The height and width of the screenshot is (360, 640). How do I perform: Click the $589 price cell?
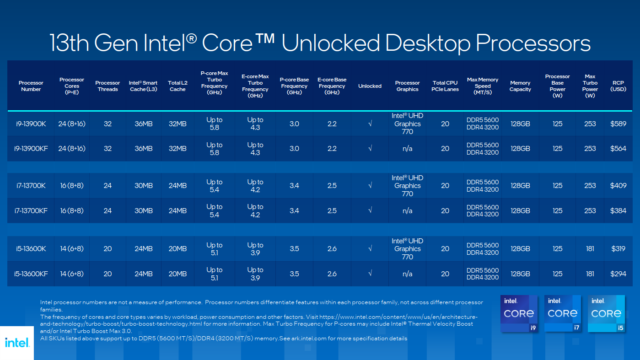click(x=618, y=124)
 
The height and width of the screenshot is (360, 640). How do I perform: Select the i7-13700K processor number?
click(x=31, y=186)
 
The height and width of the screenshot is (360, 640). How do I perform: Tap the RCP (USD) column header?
click(x=618, y=86)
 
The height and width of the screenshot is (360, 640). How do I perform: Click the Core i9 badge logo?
click(x=519, y=314)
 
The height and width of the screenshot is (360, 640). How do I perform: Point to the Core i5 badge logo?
click(x=606, y=314)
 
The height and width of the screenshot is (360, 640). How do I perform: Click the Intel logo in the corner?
click(x=17, y=343)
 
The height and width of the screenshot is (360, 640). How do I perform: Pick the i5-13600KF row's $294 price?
click(x=618, y=274)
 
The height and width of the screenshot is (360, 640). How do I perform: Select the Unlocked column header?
click(x=370, y=86)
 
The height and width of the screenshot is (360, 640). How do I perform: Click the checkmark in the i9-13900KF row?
click(x=370, y=148)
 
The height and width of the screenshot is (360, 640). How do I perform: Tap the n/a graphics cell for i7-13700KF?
click(x=407, y=211)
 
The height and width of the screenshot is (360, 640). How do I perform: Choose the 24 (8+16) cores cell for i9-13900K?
click(x=72, y=124)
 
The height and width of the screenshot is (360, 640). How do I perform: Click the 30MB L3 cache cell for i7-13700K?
click(x=143, y=186)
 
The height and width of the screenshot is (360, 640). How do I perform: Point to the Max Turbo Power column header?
click(x=590, y=86)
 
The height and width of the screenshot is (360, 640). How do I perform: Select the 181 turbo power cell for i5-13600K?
click(x=590, y=249)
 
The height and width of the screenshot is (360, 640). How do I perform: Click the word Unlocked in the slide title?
click(x=330, y=43)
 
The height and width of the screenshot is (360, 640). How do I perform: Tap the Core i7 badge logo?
click(x=562, y=314)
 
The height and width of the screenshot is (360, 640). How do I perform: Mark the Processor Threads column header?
click(x=108, y=86)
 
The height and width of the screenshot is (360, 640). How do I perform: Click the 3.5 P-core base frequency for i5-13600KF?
click(x=294, y=274)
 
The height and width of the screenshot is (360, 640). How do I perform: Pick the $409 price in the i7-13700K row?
click(x=618, y=186)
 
